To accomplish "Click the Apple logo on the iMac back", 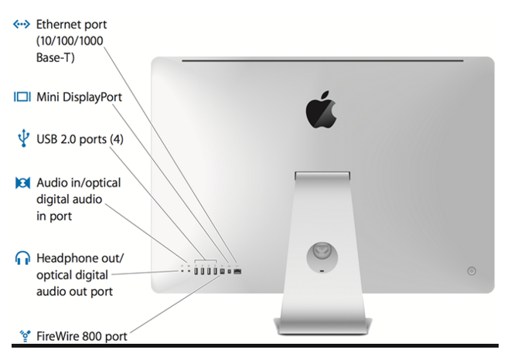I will pos(322,110).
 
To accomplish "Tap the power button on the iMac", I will pos(472,271).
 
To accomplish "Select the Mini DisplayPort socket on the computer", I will pos(229,270).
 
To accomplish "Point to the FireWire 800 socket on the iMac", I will pos(221,270).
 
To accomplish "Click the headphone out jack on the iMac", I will pos(183,270).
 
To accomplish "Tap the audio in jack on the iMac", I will pos(189,270).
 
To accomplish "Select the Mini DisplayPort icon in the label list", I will pos(22,97).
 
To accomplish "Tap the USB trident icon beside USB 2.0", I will pos(22,139).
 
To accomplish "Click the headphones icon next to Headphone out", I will pos(22,257).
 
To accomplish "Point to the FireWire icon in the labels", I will pos(22,336).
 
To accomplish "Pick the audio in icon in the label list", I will pos(22,182).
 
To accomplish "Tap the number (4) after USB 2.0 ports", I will pos(115,139).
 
